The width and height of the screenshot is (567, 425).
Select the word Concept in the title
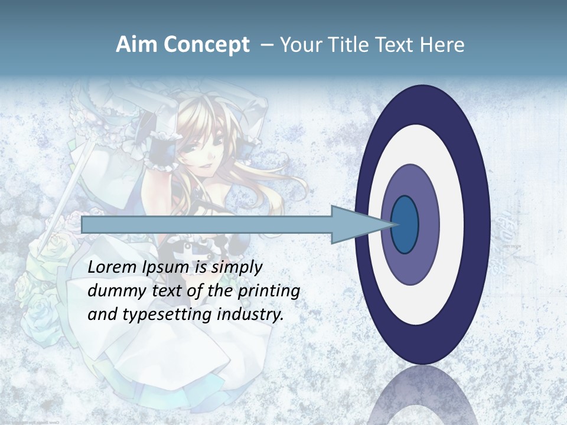coord(206,45)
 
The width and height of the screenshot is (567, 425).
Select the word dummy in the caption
coord(112,291)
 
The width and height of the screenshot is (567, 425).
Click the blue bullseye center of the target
coord(405,225)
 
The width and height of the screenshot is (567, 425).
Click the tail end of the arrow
coord(83,225)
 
